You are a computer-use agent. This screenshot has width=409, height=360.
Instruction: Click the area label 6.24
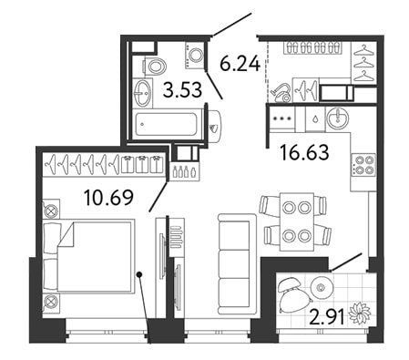(240, 64)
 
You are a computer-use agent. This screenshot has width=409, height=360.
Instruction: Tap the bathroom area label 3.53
(182, 90)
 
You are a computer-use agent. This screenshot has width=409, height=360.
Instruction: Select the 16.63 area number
(304, 152)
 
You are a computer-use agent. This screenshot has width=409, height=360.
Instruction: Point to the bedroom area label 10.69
(108, 197)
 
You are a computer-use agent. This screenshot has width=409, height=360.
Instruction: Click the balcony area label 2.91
(327, 317)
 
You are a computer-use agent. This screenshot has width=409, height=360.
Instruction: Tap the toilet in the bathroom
(154, 67)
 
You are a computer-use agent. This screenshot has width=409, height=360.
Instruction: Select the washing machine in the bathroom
(194, 55)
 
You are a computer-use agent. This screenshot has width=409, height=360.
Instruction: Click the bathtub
(166, 124)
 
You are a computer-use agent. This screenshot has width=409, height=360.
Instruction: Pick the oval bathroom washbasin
(142, 93)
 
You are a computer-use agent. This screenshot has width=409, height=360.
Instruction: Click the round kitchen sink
(338, 118)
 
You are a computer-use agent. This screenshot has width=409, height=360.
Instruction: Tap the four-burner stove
(363, 165)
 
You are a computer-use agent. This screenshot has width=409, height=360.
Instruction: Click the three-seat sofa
(237, 264)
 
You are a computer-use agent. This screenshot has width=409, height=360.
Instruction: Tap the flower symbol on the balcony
(360, 313)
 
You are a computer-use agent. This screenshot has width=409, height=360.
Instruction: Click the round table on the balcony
(322, 287)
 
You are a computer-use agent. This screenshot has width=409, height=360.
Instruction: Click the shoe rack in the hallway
(312, 47)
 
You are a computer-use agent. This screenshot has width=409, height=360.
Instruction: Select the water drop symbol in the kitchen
(315, 118)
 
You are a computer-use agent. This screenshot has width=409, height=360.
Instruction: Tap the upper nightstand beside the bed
(51, 210)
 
